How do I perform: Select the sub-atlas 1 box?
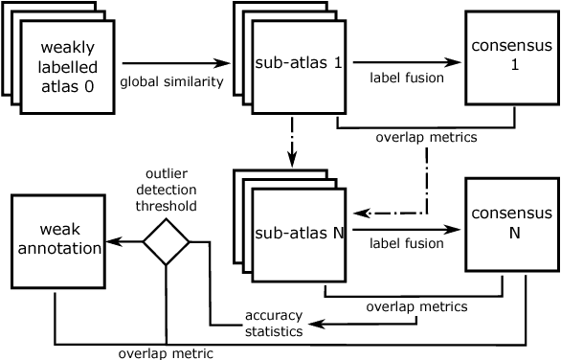(x=298, y=64)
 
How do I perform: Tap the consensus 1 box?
(x=512, y=57)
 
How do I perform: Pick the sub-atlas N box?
(x=298, y=233)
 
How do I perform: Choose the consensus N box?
(x=512, y=224)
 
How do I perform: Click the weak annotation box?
(x=56, y=238)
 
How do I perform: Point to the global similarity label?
(x=171, y=82)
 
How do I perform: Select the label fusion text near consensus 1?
(x=407, y=78)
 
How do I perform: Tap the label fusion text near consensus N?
(x=407, y=244)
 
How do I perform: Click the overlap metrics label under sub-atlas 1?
(x=426, y=137)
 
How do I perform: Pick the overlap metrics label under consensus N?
(x=416, y=307)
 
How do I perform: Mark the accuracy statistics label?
(x=274, y=323)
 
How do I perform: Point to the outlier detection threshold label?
(x=171, y=190)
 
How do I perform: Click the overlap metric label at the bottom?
(x=166, y=352)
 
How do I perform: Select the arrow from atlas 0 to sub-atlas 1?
(x=177, y=63)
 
